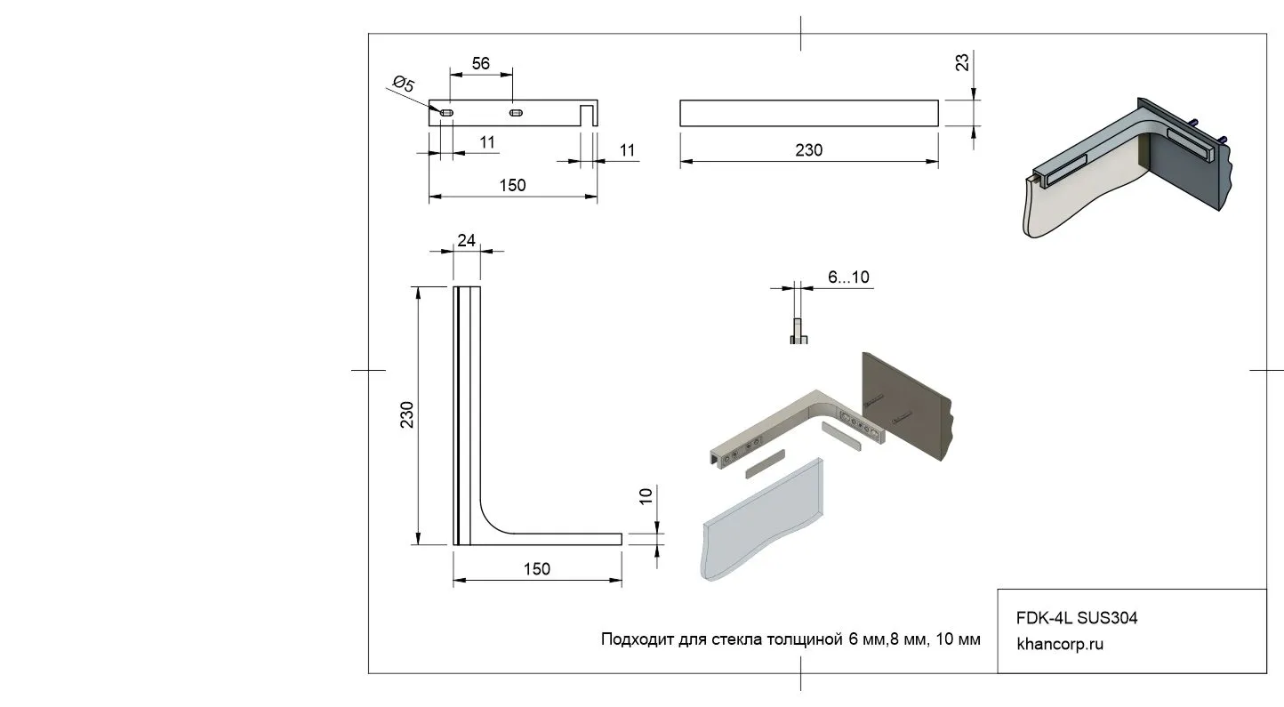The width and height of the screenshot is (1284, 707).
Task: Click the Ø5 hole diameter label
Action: point(402,86)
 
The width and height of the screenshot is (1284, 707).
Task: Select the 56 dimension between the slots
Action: point(480,64)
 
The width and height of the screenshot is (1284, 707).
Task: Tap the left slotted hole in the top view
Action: point(447,113)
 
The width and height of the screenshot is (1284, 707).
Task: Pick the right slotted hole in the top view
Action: point(515,113)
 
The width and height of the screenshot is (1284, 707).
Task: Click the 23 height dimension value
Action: point(962,62)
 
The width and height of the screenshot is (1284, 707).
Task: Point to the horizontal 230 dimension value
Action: point(808,150)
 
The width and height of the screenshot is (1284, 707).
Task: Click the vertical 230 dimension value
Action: point(407,414)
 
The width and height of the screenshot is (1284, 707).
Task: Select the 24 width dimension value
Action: point(466,239)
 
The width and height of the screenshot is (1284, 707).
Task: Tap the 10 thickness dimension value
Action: point(646,496)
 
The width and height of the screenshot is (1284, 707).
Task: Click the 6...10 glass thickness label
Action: point(848,277)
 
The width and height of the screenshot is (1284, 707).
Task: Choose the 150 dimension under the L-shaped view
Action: point(536,569)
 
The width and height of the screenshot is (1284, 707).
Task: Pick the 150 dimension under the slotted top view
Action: point(512,185)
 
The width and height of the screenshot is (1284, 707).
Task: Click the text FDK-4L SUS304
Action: point(1077,617)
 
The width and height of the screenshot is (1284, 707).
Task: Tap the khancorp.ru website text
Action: point(1059,644)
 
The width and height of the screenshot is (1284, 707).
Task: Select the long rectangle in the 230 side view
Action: point(808,113)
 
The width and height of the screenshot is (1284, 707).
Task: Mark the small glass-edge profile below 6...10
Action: point(798,332)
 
